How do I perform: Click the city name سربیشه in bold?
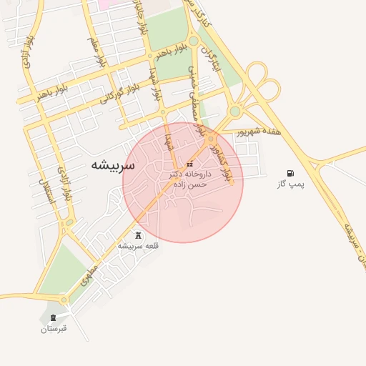(112, 164)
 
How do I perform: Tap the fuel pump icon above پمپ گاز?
(290, 173)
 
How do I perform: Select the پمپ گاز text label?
(290, 184)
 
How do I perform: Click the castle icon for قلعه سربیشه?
(138, 235)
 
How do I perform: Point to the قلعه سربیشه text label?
(138, 246)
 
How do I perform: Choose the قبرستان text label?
(54, 328)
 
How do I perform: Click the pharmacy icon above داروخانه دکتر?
(189, 164)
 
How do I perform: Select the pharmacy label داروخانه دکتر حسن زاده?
(188, 179)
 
